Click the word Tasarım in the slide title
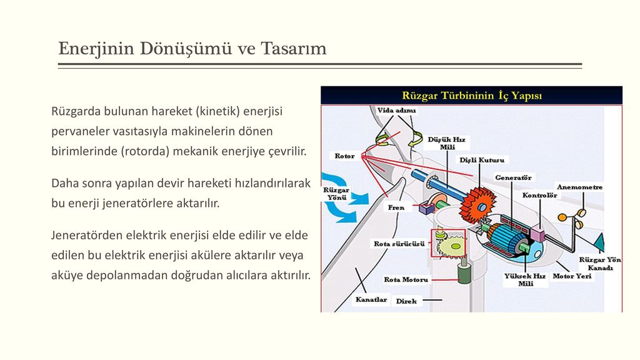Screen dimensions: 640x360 (x=294, y=48)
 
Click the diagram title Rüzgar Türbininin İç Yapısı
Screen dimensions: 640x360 (x=472, y=96)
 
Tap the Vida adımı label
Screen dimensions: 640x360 (x=396, y=110)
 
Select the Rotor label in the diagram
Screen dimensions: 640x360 (x=344, y=156)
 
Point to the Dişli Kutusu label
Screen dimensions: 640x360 (x=482, y=160)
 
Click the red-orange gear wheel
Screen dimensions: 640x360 (x=477, y=205)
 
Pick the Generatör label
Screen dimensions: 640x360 (x=513, y=177)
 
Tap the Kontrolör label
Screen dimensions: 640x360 (x=539, y=195)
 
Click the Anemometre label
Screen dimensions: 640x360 (x=579, y=187)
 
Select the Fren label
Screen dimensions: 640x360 (x=396, y=207)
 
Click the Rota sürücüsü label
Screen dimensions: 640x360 (x=399, y=244)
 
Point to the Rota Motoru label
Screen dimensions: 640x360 (x=406, y=279)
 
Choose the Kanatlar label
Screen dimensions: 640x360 (x=371, y=299)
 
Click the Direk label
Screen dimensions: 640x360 (x=406, y=301)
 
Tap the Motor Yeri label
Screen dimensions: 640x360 (x=572, y=276)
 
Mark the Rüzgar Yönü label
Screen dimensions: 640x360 (x=336, y=194)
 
